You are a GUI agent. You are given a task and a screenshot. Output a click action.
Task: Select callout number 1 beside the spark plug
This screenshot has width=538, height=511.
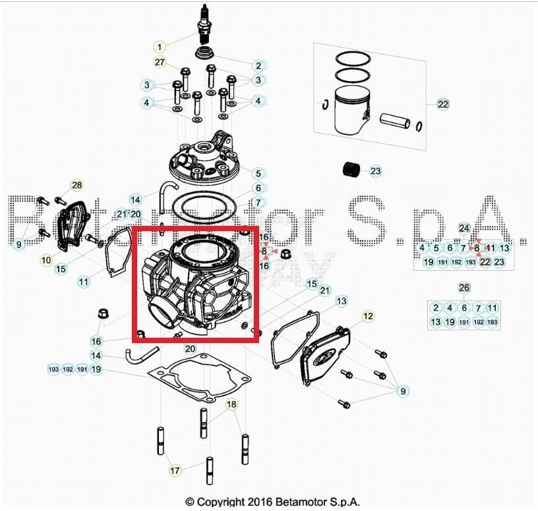click(x=161, y=47)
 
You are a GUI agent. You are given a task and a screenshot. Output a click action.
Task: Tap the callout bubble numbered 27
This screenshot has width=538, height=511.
click(x=160, y=63)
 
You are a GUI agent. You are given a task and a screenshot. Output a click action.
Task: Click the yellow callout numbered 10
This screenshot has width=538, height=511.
click(x=46, y=261)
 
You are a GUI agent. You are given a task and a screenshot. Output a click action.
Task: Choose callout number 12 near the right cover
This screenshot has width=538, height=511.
click(x=368, y=317)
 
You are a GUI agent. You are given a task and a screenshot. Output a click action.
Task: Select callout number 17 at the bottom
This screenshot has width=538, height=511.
click(x=175, y=471)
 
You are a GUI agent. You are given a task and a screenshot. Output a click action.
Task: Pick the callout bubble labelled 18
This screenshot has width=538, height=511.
click(x=231, y=404)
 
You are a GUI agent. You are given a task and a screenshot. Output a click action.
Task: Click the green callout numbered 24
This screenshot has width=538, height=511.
click(x=464, y=229)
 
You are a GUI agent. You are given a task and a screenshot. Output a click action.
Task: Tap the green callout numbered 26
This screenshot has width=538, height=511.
click(x=464, y=288)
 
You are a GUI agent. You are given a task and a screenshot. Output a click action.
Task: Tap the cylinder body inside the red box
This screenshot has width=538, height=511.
click(x=198, y=283)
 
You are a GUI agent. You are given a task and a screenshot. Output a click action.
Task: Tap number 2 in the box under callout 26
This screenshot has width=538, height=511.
click(x=436, y=308)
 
